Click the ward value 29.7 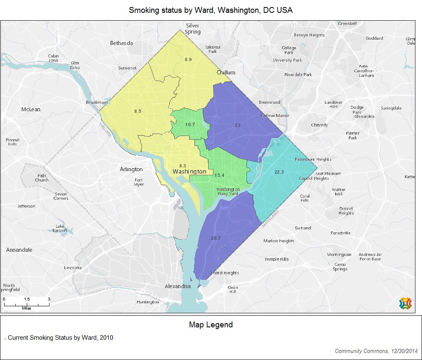pos(216,238)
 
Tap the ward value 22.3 pos(279,172)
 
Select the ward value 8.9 pos(188,60)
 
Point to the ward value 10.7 pos(190,124)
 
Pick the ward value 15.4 pos(219,175)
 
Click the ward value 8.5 pos(138,111)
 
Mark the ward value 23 pos(237,125)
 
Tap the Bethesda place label pos(121,43)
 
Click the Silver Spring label pos(192,29)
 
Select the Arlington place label pos(131,169)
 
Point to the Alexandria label pos(178,286)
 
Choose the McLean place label pos(31,109)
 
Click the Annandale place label pos(19,250)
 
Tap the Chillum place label pos(226,72)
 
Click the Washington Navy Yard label pos(228,191)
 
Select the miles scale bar pos(26,304)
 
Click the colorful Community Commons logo pos(405,303)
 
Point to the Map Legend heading pos(211,325)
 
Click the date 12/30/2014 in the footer pos(404,351)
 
